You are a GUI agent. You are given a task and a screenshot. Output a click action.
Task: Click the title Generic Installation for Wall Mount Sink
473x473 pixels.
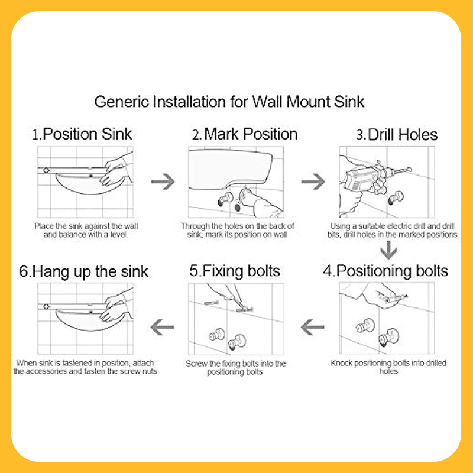tap(229, 102)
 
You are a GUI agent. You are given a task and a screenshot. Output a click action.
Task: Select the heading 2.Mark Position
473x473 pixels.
tap(244, 134)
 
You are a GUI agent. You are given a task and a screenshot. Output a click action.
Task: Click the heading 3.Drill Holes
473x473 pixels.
tap(397, 134)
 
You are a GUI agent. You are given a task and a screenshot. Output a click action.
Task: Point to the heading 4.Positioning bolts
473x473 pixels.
tap(385, 271)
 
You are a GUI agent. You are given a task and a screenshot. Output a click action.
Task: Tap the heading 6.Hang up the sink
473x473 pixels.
tap(84, 271)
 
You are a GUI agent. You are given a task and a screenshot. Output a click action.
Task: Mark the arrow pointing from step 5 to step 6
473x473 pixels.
tap(164, 325)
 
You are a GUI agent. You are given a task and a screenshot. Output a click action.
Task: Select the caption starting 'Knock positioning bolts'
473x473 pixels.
tap(388, 367)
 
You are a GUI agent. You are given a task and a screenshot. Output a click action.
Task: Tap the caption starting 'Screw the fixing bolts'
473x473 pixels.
tap(236, 368)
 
